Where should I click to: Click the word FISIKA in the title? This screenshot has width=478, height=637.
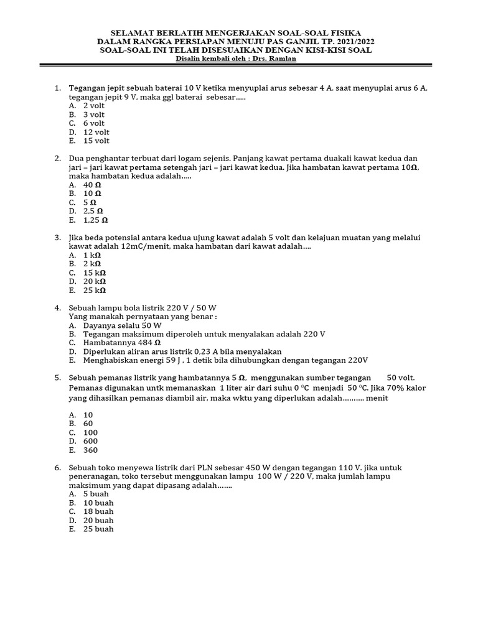(x=344, y=32)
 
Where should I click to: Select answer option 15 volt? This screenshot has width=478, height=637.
(x=96, y=141)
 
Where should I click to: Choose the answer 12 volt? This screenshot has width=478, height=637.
(x=96, y=132)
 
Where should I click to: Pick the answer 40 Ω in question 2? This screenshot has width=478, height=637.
(x=92, y=185)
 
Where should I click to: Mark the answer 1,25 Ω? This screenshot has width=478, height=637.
(x=96, y=220)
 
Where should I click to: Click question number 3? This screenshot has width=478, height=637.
(x=57, y=238)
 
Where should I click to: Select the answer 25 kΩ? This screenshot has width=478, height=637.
(x=95, y=290)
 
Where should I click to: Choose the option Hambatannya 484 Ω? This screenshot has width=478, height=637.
(x=122, y=343)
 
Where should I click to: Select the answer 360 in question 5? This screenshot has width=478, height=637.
(x=90, y=450)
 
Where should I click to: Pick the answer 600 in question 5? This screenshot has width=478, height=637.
(x=90, y=441)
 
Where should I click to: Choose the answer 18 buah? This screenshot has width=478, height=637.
(x=98, y=511)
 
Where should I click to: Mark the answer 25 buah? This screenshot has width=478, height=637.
(x=98, y=529)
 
